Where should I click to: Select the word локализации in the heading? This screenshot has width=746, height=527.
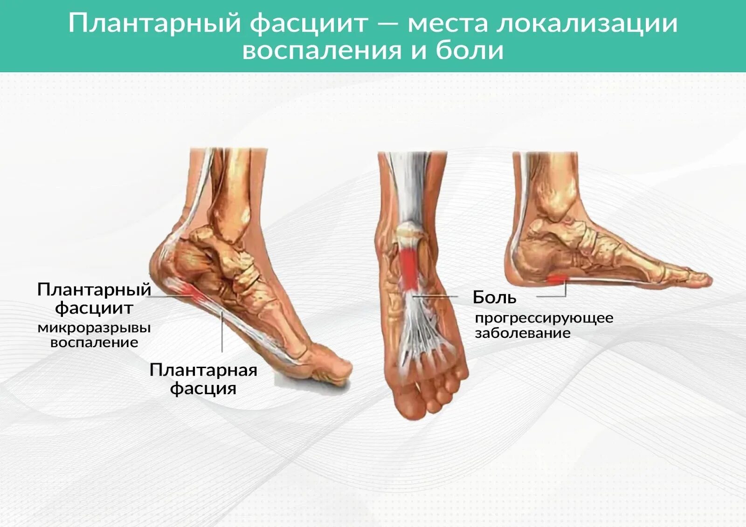(587, 24)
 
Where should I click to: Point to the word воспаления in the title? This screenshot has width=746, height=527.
(322, 51)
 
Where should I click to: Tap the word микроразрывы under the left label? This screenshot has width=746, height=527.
(94, 328)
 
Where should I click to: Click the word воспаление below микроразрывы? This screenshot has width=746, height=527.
(94, 342)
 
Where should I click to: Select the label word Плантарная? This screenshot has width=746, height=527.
(203, 370)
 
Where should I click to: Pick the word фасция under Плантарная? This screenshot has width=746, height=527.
(203, 389)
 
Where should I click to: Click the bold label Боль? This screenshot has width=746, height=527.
(495, 297)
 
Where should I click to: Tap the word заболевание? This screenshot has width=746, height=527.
(523, 333)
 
